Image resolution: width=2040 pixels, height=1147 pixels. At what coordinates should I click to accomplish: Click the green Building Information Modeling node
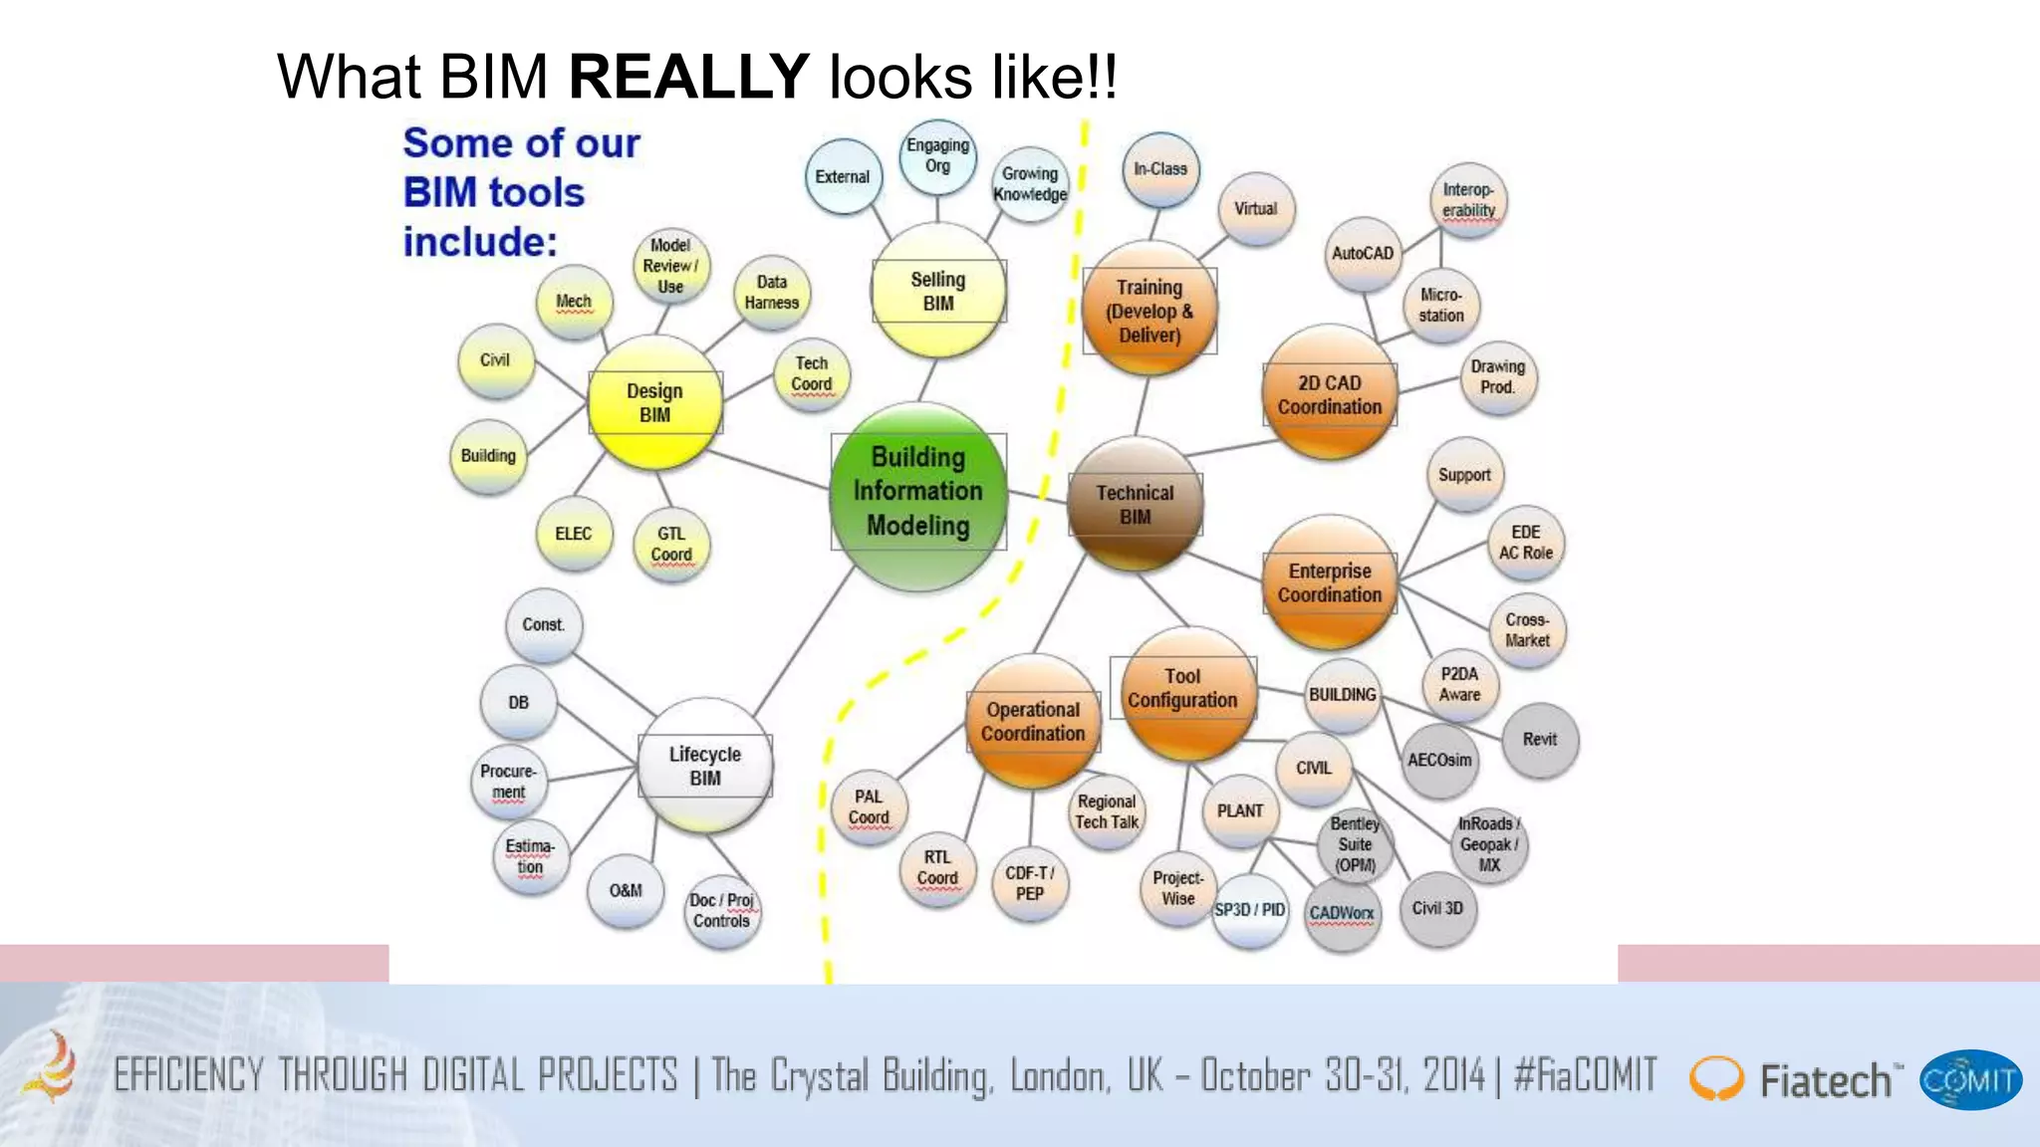point(917,492)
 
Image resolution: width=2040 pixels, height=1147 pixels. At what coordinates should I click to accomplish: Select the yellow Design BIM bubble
point(654,402)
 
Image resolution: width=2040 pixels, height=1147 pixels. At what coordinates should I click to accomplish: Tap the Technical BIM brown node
point(1135,504)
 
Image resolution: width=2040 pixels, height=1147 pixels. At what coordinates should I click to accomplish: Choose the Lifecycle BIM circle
point(704,766)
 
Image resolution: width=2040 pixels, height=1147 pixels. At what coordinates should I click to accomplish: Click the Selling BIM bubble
point(937,291)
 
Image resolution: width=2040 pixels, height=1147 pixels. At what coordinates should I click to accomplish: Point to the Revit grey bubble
point(1539,740)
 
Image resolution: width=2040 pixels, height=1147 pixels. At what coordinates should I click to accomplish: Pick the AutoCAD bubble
point(1362,254)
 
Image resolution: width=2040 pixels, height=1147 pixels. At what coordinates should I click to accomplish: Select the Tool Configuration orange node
point(1182,689)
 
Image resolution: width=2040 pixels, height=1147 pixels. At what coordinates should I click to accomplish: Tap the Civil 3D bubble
point(1437,908)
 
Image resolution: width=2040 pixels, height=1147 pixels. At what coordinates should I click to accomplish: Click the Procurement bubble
point(508,782)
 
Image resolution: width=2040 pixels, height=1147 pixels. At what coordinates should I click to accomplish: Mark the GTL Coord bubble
point(670,545)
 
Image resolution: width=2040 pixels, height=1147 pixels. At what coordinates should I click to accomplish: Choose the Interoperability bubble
point(1468,200)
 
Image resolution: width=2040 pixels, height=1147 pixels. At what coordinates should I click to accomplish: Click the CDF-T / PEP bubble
point(1029,883)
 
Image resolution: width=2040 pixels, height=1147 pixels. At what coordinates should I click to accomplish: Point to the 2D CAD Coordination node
point(1329,394)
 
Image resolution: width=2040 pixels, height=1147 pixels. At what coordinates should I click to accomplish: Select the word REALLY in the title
point(688,77)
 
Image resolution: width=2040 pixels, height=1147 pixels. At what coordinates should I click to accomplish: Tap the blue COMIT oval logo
point(1969,1080)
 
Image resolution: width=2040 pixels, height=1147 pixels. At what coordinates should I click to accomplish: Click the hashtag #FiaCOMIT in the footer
point(1585,1075)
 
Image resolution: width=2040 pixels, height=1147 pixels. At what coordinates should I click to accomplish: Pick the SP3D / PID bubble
point(1249,910)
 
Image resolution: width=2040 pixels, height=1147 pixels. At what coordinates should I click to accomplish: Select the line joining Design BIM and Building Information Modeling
point(767,469)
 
